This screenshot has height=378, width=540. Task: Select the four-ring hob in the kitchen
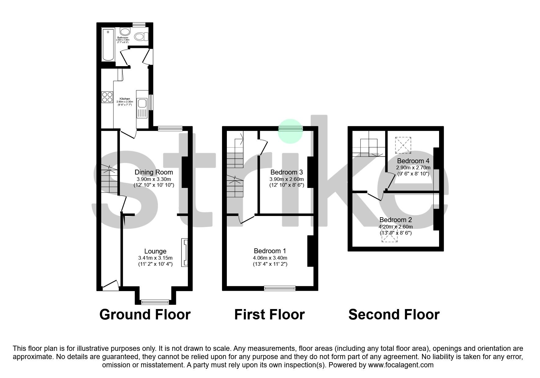(107, 97)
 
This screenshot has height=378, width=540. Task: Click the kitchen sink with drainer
(142, 108)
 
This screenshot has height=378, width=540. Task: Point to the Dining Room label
(154, 172)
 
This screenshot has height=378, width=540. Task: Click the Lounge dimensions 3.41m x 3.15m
(155, 258)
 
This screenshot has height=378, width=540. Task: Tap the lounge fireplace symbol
(184, 252)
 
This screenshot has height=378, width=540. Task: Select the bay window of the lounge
(155, 302)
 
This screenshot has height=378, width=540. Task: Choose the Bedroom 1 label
(270, 251)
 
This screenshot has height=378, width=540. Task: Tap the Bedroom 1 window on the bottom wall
(280, 288)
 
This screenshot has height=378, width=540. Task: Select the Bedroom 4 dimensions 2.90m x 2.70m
(413, 168)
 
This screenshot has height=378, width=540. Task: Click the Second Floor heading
(394, 315)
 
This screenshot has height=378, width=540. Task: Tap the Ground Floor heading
(145, 315)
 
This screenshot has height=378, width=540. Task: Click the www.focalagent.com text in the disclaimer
(401, 365)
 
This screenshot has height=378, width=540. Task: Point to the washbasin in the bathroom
(124, 32)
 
